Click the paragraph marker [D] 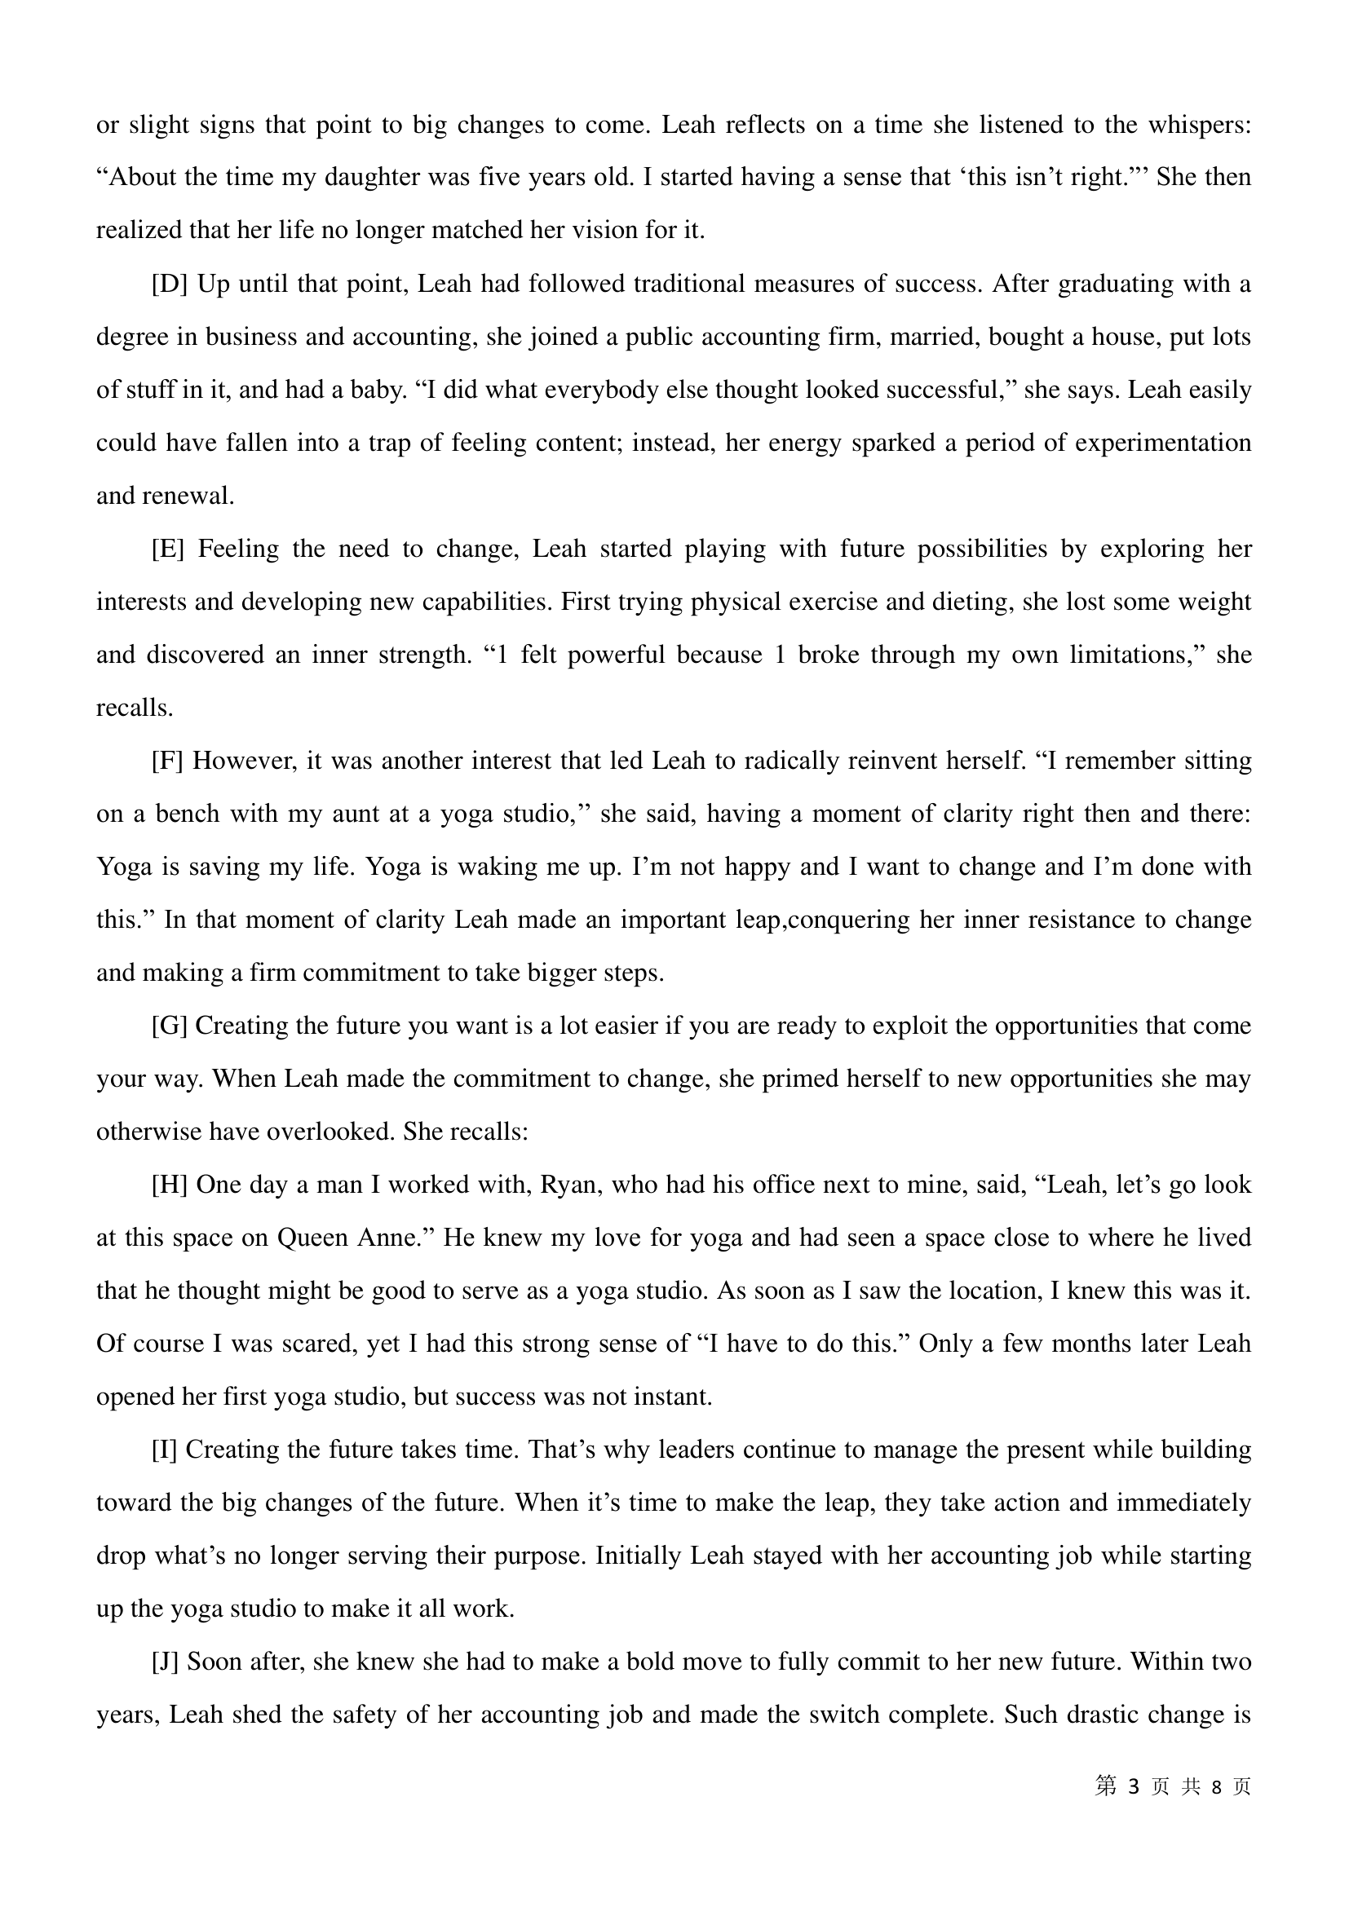point(170,285)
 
